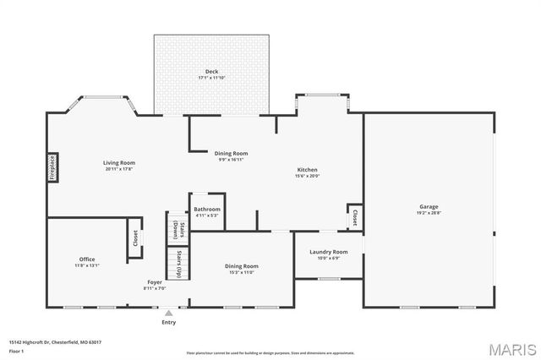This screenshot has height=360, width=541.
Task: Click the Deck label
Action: pyautogui.click(x=211, y=70)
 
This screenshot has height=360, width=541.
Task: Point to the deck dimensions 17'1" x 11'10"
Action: pyautogui.click(x=211, y=78)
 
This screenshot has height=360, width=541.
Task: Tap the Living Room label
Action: pyautogui.click(x=119, y=162)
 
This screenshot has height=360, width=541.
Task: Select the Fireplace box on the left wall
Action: pyautogui.click(x=52, y=167)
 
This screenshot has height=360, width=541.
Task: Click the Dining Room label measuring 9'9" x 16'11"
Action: pyautogui.click(x=231, y=153)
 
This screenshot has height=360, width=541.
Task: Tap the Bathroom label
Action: pyautogui.click(x=206, y=209)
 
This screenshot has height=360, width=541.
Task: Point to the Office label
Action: pyautogui.click(x=87, y=259)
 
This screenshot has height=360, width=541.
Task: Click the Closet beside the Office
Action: pyautogui.click(x=134, y=238)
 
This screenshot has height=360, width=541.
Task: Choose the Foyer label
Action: pyautogui.click(x=155, y=282)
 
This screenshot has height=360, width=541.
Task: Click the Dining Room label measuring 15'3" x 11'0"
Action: pyautogui.click(x=241, y=266)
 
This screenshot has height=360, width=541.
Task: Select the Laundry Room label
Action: pyautogui.click(x=328, y=252)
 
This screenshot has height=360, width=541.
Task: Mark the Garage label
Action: pyautogui.click(x=429, y=206)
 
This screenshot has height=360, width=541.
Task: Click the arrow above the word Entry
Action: pyautogui.click(x=169, y=313)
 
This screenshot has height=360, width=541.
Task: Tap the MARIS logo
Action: pyautogui.click(x=511, y=349)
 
